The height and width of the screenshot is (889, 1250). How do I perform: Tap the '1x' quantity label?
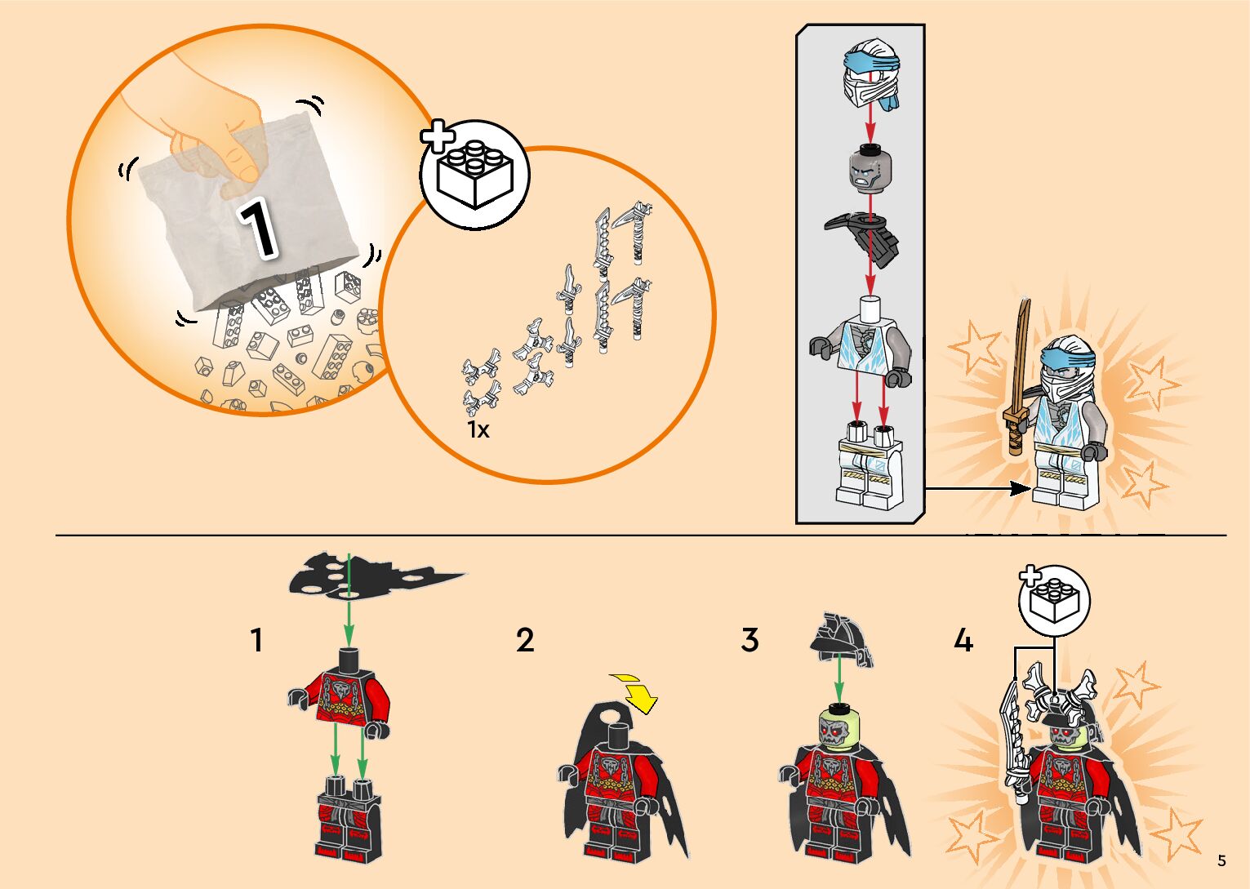click(x=478, y=430)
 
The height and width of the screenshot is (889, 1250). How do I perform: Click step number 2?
click(x=525, y=640)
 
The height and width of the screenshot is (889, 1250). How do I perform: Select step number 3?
click(x=750, y=640)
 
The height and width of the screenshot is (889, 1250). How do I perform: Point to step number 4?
click(x=963, y=640)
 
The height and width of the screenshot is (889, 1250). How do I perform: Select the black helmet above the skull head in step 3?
click(x=841, y=641)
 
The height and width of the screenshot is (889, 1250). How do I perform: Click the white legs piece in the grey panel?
click(x=869, y=468)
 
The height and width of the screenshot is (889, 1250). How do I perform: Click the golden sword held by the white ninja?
click(x=1018, y=380)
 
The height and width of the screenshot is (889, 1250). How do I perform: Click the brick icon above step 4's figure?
click(x=1053, y=601)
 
